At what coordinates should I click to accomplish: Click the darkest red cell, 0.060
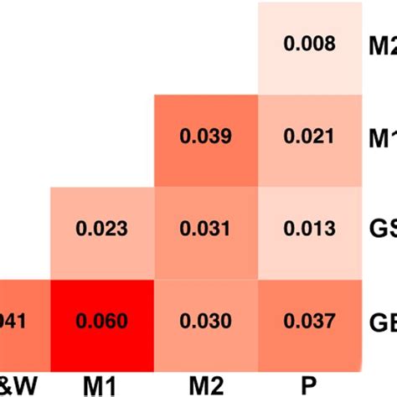click(102, 321)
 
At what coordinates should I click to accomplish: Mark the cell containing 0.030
click(205, 321)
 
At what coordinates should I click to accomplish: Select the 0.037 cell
click(310, 321)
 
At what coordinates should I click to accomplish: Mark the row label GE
click(383, 321)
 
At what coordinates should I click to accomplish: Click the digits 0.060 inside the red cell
click(102, 321)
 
